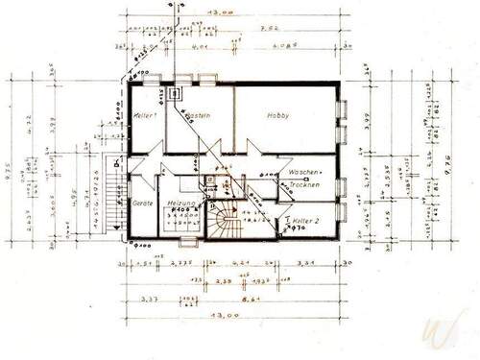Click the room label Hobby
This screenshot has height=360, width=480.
point(278,115)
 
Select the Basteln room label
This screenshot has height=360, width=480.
point(199,116)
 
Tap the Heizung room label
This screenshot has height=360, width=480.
point(183,204)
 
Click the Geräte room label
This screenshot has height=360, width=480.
point(141,204)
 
